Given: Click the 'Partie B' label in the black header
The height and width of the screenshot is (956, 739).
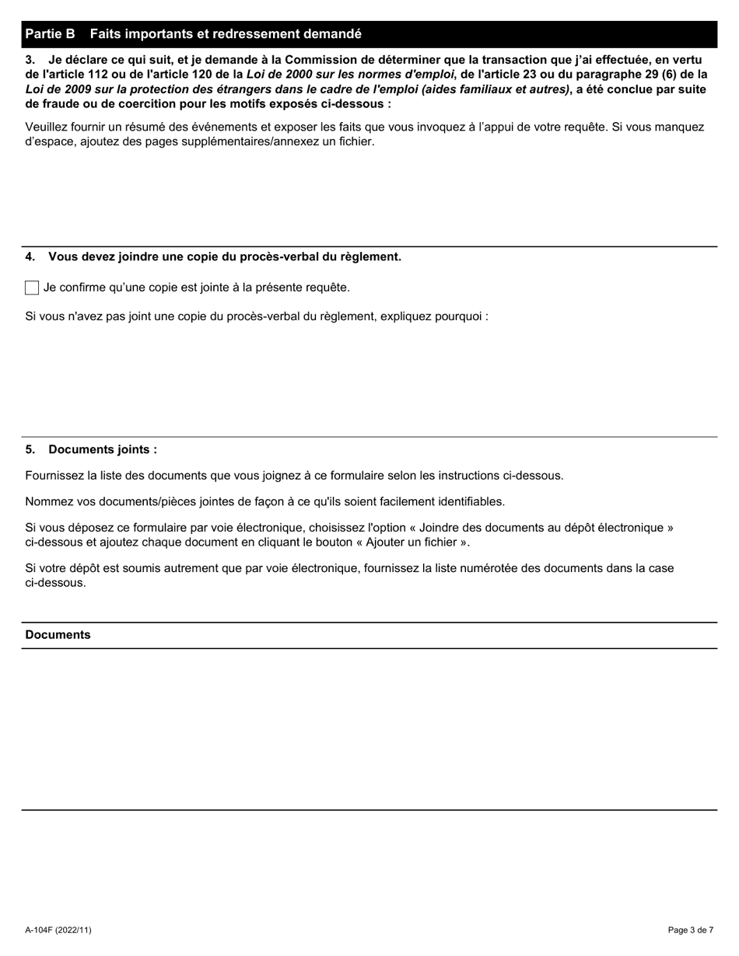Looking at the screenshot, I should coord(50,34).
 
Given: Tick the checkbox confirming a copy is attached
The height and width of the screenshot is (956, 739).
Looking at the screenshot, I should coord(32,288).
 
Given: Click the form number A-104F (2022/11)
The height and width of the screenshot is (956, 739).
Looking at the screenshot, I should coord(58,930).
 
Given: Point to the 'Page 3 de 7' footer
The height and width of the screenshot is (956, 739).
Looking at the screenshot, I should coord(690,930).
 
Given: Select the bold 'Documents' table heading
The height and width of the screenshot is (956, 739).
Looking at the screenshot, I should coord(58,635).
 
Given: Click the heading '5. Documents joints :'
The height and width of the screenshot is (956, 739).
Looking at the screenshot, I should coord(91,450).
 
